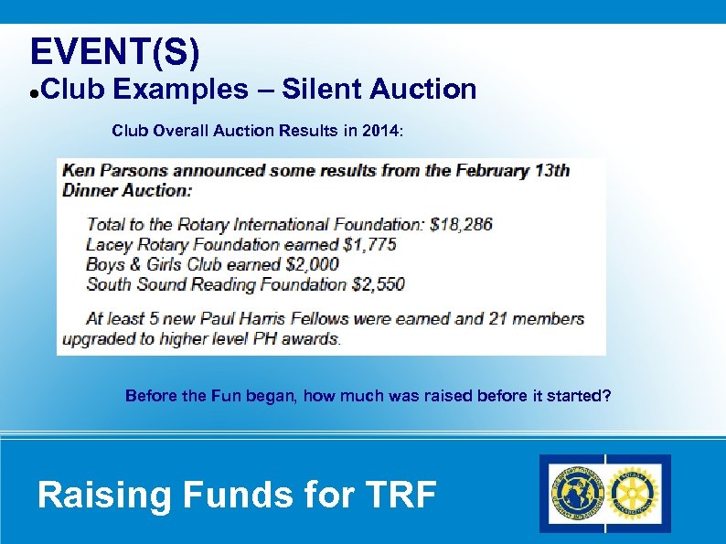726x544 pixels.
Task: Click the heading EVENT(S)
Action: (x=114, y=51)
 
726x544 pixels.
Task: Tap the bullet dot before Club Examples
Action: (x=33, y=92)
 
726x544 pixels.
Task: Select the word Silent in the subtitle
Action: (x=321, y=90)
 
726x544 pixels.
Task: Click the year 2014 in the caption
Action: (x=379, y=131)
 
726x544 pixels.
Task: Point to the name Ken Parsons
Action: (x=118, y=170)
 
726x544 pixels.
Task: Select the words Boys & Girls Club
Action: (x=156, y=264)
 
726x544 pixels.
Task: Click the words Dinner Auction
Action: (x=127, y=190)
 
